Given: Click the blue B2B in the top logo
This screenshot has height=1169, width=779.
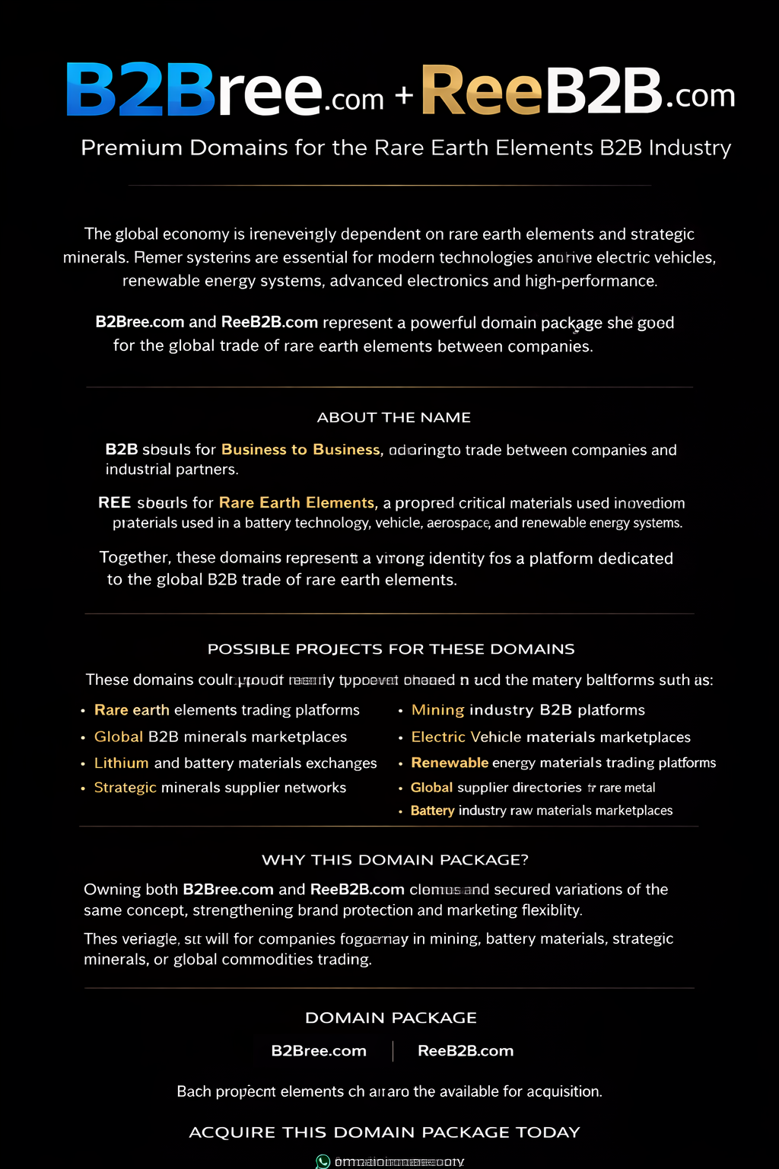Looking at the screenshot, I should coord(141,90).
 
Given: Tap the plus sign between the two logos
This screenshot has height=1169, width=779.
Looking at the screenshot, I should coord(404,95).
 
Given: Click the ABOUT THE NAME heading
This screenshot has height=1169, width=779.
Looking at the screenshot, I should coord(393,417).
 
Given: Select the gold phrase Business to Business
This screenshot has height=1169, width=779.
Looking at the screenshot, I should coord(300,450).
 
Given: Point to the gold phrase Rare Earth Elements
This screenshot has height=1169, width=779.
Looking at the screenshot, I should coord(297,503).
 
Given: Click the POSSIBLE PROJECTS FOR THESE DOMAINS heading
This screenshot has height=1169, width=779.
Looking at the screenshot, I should coord(391,649).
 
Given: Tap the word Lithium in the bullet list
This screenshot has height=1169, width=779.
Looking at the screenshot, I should coord(122,763).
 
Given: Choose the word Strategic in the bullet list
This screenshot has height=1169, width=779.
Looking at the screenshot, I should coord(126,788).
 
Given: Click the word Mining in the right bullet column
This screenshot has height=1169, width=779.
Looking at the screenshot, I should coord(437,710).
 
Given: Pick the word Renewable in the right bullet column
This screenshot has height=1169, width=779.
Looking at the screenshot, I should coord(450,763).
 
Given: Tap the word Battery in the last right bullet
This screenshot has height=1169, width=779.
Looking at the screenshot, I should coord(432,811).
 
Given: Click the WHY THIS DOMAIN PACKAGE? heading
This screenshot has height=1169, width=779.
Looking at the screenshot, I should coord(395,860).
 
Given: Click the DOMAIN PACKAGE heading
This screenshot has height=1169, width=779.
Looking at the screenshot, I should coord(391,1018).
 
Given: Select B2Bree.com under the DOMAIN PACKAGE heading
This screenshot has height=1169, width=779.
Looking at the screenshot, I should coord(319,1051).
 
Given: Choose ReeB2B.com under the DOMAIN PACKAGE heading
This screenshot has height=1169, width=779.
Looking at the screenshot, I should coord(466,1051).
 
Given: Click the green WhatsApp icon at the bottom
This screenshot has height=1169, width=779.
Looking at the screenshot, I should coord(323,1161).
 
